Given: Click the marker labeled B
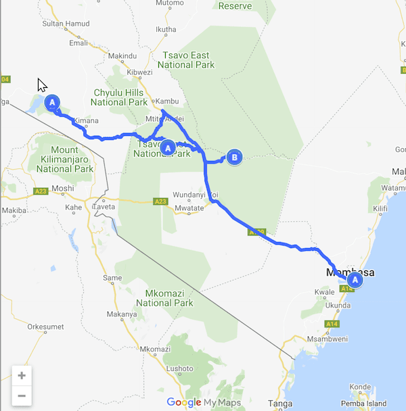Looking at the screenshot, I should (x=234, y=158).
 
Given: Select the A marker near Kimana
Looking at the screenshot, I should (x=52, y=102).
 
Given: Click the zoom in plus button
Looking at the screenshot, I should (x=22, y=376).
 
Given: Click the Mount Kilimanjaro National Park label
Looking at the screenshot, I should (x=64, y=155).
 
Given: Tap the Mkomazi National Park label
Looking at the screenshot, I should (x=169, y=298).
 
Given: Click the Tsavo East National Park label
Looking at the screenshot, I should (x=186, y=59).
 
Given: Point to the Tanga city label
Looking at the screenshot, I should (x=280, y=404).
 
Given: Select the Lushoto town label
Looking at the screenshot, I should (x=179, y=368).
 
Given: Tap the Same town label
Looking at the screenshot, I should (x=112, y=277).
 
